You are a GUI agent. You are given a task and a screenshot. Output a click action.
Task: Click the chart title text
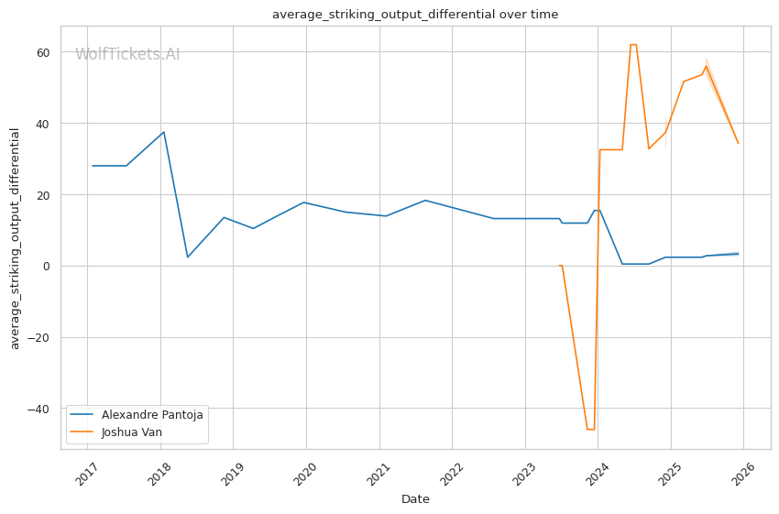pyautogui.click(x=415, y=15)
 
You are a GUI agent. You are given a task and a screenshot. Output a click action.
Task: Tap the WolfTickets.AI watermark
pyautogui.click(x=127, y=54)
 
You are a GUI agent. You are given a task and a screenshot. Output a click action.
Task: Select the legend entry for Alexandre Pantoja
pyautogui.click(x=137, y=414)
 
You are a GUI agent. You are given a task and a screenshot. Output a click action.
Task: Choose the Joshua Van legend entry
pyautogui.click(x=116, y=432)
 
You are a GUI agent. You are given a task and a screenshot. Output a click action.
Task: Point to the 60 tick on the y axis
pyautogui.click(x=43, y=52)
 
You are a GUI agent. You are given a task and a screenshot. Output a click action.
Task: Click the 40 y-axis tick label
pyautogui.click(x=43, y=124)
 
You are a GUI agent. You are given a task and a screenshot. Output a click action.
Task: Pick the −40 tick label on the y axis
pyautogui.click(x=38, y=410)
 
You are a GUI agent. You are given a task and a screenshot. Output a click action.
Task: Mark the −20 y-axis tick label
pyautogui.click(x=38, y=338)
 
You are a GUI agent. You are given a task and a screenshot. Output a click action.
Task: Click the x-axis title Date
pyautogui.click(x=415, y=499)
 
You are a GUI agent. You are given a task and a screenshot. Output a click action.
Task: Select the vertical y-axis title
pyautogui.click(x=15, y=239)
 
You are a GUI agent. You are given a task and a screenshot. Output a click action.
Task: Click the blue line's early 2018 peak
pyautogui.click(x=163, y=132)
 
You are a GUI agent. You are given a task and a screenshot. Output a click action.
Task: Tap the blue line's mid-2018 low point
pyautogui.click(x=187, y=257)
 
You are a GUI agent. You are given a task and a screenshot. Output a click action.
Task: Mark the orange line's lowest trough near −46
pyautogui.click(x=591, y=429)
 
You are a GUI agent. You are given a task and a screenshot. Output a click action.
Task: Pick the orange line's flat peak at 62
pyautogui.click(x=633, y=45)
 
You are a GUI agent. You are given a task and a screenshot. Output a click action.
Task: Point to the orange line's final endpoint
pyautogui.click(x=739, y=143)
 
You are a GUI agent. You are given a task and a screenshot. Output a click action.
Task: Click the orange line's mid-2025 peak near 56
pyautogui.click(x=706, y=67)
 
